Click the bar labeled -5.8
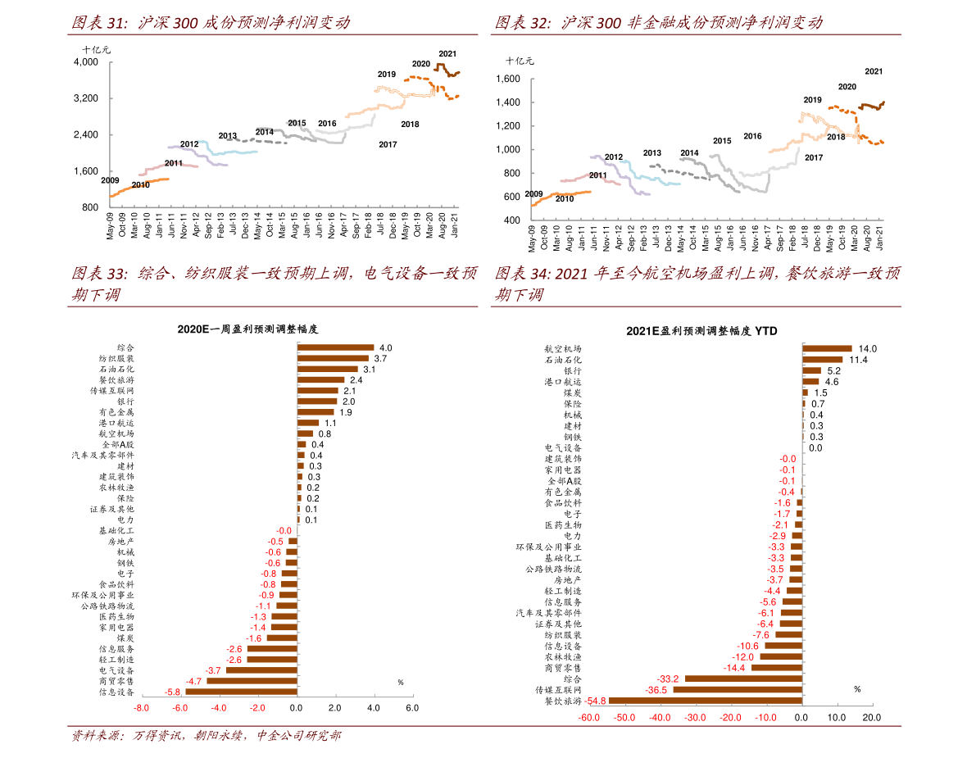(241, 692)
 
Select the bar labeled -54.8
(705, 701)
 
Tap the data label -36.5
(656, 690)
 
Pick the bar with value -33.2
(742, 679)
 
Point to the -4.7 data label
(194, 681)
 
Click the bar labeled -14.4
(776, 668)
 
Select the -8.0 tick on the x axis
(141, 708)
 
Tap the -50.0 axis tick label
(624, 718)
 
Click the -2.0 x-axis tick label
(257, 708)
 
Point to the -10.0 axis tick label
(765, 718)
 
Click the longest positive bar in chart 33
(336, 347)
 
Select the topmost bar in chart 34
(827, 348)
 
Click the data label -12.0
(743, 657)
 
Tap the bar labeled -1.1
(286, 606)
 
